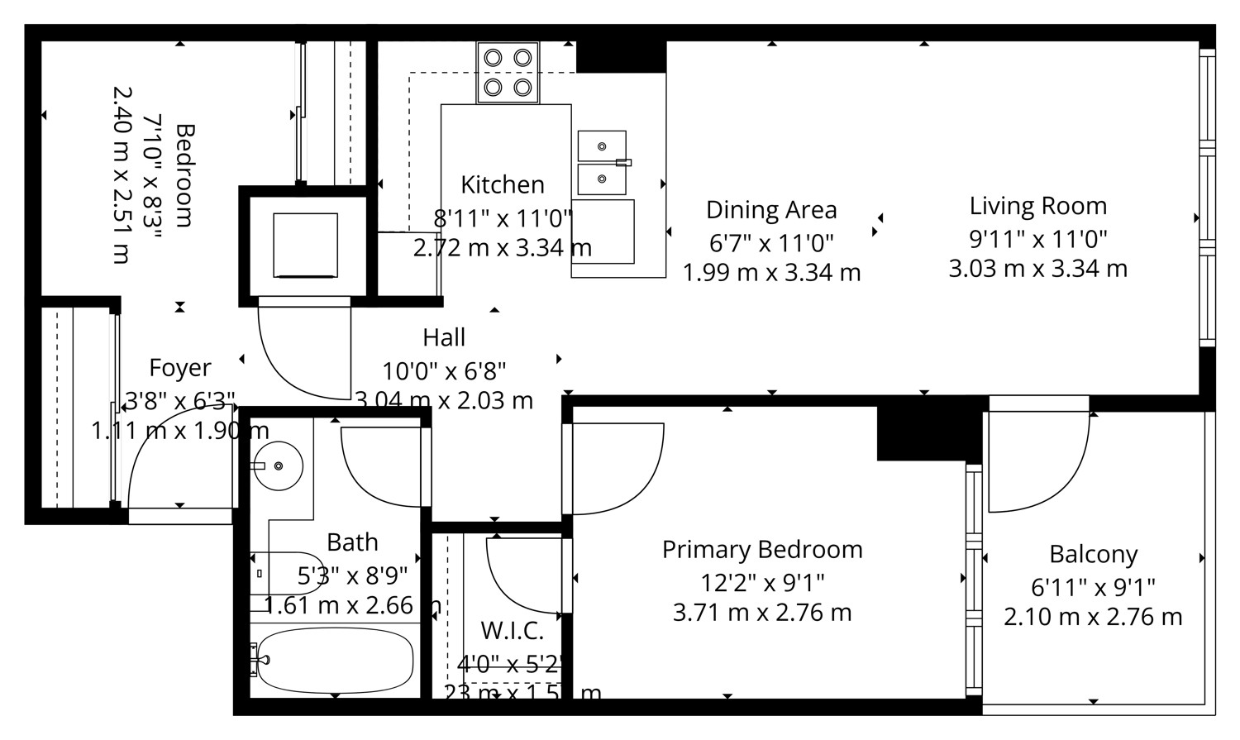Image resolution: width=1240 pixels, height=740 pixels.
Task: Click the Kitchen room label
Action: point(502,184)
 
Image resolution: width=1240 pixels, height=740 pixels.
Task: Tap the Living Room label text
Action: point(1037,206)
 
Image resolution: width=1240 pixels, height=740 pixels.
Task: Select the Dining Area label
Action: point(770,210)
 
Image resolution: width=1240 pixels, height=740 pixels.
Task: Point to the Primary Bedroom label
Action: point(761,550)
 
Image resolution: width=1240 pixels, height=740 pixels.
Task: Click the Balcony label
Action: point(1093,554)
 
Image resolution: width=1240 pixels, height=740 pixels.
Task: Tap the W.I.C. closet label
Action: point(512,631)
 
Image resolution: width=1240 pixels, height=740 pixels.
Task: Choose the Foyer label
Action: point(179,367)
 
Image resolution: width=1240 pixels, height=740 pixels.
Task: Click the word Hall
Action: point(444,337)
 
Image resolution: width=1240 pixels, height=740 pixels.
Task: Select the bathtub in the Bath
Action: point(335,661)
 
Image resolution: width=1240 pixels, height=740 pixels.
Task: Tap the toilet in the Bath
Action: point(285,572)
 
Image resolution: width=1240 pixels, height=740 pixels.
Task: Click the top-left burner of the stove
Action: point(493,58)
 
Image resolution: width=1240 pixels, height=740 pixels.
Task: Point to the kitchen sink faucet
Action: point(622,162)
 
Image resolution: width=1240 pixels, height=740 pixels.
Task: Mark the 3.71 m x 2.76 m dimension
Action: point(761,613)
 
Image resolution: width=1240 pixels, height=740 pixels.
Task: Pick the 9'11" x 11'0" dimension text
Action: point(1037,239)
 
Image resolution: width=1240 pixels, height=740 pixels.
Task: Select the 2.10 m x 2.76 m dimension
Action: point(1093,617)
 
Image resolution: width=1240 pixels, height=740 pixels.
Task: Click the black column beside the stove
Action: point(621,56)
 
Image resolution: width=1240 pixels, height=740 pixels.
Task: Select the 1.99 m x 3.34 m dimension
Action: point(770,272)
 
